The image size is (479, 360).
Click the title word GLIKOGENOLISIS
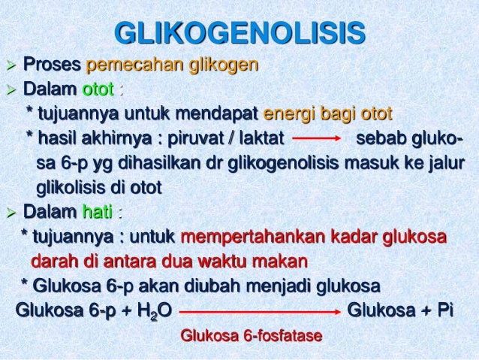(x=239, y=34)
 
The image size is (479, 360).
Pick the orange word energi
(x=286, y=115)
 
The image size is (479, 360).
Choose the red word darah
(x=52, y=262)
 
